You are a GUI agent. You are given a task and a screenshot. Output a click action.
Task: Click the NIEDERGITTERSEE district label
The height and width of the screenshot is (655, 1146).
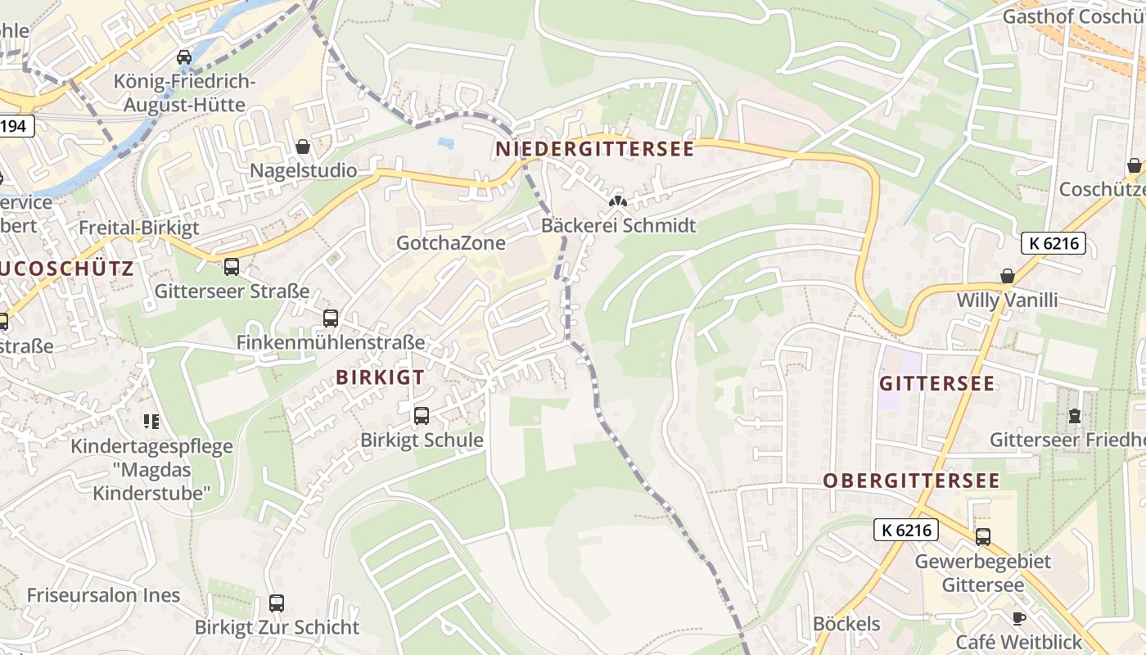click(x=594, y=149)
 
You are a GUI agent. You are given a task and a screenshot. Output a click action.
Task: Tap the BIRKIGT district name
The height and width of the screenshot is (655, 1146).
click(x=380, y=377)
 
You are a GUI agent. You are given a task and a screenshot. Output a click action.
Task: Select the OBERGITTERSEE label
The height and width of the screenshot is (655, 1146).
click(x=911, y=481)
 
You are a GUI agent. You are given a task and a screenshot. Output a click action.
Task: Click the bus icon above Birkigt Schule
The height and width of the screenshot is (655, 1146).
click(x=422, y=416)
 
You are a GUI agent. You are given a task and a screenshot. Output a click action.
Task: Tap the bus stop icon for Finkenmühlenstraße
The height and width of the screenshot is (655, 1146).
click(x=331, y=318)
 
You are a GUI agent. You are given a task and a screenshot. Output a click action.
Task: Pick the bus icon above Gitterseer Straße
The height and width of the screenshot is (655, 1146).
click(x=232, y=267)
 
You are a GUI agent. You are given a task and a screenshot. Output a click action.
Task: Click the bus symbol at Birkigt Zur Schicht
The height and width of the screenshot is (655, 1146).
click(x=277, y=603)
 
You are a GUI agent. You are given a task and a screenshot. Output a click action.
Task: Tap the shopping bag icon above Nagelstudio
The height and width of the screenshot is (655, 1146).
click(x=303, y=147)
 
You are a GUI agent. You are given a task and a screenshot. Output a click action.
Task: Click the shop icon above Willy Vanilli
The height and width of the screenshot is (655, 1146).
click(x=1007, y=276)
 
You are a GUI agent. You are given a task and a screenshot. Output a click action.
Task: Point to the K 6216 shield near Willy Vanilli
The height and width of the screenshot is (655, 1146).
click(x=1054, y=243)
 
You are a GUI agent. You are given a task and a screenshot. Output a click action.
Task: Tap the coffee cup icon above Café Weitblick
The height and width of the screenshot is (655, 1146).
click(x=1018, y=618)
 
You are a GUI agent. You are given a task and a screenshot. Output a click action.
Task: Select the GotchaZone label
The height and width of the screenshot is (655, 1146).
click(x=451, y=243)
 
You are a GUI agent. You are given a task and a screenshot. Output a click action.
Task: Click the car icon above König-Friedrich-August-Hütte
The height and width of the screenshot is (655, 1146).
click(x=184, y=57)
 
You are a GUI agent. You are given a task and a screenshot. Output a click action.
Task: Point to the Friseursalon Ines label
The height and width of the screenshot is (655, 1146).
click(x=103, y=595)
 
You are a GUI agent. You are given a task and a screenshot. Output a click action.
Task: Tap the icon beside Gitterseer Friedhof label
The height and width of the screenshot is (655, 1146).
click(x=1074, y=417)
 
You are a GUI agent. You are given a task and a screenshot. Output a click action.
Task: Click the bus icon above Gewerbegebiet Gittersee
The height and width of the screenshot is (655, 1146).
click(x=982, y=537)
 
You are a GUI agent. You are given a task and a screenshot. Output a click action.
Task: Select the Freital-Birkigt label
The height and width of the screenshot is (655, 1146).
click(x=139, y=228)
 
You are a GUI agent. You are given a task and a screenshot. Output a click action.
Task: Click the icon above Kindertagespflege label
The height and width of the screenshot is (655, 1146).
click(x=151, y=422)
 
